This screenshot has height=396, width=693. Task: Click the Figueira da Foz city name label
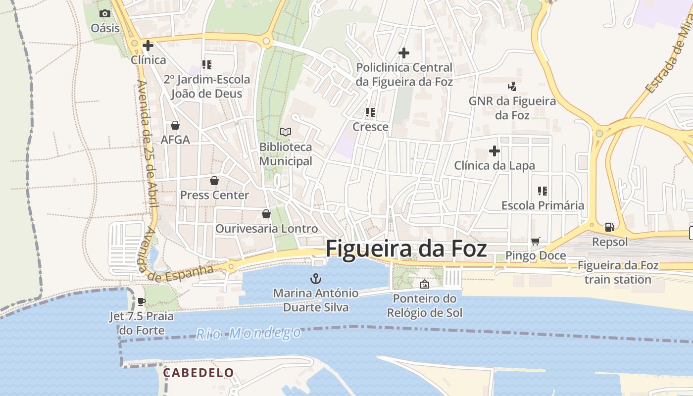point(406,248)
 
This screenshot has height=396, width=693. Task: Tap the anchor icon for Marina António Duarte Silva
point(315,279)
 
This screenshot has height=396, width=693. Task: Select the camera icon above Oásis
point(105,14)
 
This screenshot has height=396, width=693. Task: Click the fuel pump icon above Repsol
point(610,227)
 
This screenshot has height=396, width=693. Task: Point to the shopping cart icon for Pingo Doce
point(535,242)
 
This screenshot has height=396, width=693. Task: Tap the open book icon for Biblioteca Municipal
point(286,132)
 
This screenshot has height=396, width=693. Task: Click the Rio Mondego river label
point(248,333)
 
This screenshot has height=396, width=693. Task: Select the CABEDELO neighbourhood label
point(198,373)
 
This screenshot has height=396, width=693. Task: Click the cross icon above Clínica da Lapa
point(494,151)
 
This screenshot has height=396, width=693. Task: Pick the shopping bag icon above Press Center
point(214,181)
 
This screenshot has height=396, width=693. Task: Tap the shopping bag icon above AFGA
point(175,125)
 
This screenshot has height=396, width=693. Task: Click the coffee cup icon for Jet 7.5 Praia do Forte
point(142,301)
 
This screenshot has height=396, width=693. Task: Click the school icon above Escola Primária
point(543,191)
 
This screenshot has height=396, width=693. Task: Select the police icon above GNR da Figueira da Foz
point(512,87)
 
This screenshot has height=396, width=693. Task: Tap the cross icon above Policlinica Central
point(404,53)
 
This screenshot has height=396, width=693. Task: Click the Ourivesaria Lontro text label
point(266,229)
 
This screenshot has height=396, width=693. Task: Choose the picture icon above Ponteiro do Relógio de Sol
point(424,284)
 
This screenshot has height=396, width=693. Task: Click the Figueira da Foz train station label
point(618,272)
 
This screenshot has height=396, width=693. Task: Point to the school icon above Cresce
point(370,112)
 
